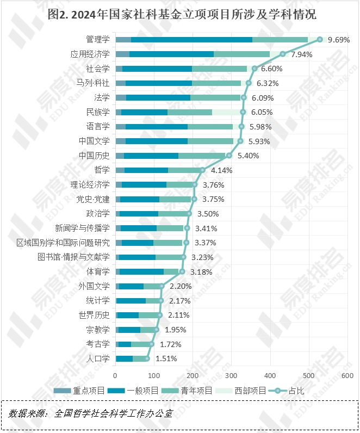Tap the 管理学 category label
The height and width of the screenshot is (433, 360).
[98, 40]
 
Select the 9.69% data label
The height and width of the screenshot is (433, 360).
[339, 40]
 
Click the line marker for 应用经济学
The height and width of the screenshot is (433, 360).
[283, 54]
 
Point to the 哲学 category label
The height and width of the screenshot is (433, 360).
[102, 170]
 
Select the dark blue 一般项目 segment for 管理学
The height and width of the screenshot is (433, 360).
[191, 40]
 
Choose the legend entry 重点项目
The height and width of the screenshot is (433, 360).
[77, 391]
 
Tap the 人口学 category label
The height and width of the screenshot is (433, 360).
[98, 358]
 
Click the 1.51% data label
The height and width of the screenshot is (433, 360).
[166, 358]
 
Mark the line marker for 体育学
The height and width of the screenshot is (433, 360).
[182, 271]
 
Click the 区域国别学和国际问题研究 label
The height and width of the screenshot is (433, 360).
[63, 243]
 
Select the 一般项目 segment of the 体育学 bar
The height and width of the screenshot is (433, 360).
[141, 271]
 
